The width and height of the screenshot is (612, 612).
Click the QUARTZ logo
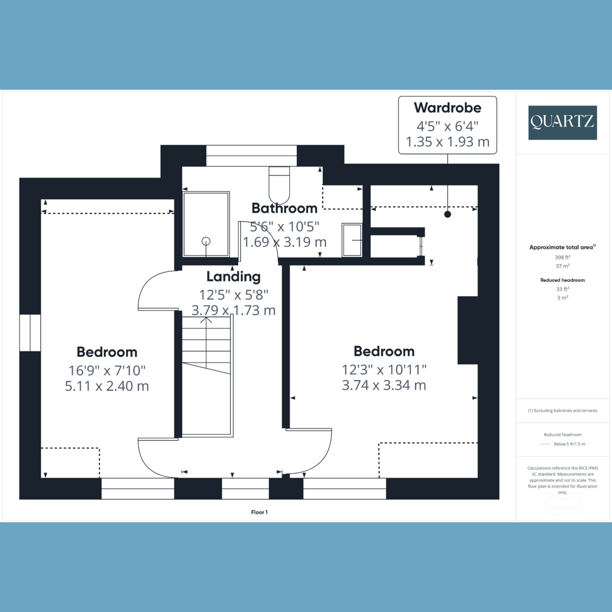click(563, 122)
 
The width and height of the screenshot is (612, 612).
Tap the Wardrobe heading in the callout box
click(447, 108)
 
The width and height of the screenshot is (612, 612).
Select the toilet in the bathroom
click(279, 185)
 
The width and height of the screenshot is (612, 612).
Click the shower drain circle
click(206, 242)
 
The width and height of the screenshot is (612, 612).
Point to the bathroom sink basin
click(352, 240)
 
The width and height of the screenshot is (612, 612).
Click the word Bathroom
click(285, 209)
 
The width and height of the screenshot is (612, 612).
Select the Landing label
click(234, 276)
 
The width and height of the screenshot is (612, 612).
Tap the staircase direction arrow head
click(206, 319)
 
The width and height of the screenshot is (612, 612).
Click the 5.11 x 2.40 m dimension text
click(107, 386)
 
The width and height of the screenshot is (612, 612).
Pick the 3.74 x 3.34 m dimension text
click(384, 385)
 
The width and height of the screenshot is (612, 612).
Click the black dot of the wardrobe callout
click(447, 214)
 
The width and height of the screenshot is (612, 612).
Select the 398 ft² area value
click(563, 257)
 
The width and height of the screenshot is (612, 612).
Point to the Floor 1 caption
click(260, 512)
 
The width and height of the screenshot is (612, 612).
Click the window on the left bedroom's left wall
click(30, 333)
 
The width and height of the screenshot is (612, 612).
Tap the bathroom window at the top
click(251, 156)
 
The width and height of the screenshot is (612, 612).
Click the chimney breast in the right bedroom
click(468, 330)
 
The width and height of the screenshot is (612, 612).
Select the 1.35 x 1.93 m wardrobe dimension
click(447, 142)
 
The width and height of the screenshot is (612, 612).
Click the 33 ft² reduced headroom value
click(563, 289)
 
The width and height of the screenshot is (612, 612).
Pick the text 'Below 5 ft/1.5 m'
click(570, 444)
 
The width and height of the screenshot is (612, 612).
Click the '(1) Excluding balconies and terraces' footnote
click(563, 411)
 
